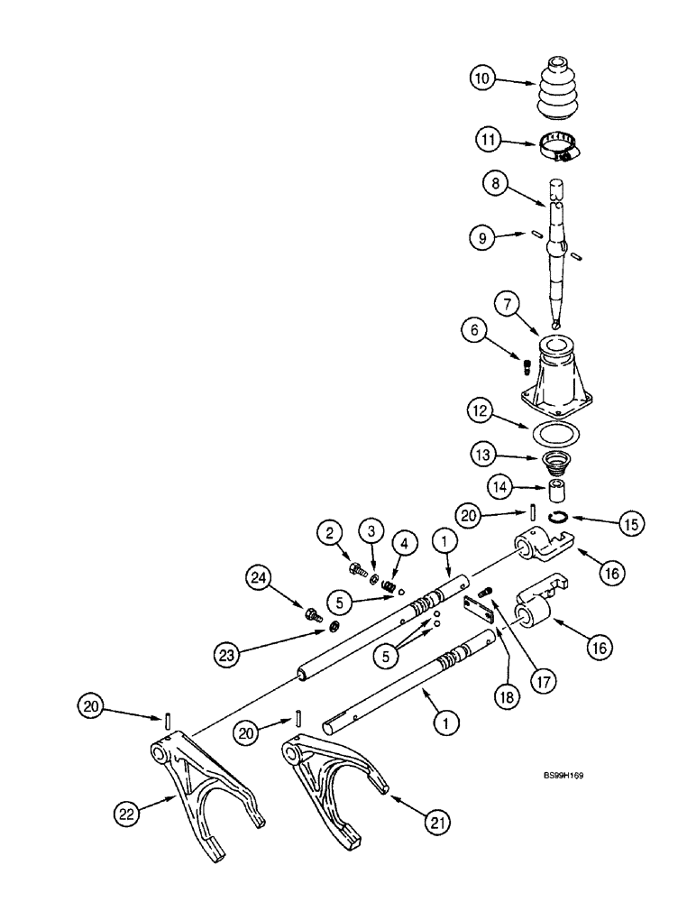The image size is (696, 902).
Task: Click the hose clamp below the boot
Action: pyautogui.click(x=561, y=147)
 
